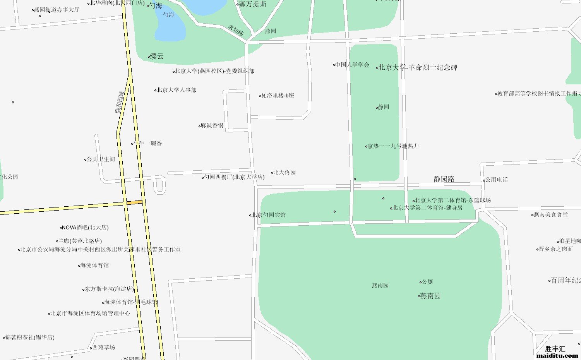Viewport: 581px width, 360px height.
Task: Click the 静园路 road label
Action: [444, 179]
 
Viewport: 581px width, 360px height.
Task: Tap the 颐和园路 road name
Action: [120, 102]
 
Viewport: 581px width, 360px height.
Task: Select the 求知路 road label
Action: [235, 31]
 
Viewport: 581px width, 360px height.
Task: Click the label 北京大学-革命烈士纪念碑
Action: [418, 67]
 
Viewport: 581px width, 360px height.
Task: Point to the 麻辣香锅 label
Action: [212, 126]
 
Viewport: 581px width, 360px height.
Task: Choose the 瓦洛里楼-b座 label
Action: [278, 96]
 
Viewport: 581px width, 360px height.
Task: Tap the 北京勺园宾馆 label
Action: [269, 215]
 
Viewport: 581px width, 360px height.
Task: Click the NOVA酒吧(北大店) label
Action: [85, 228]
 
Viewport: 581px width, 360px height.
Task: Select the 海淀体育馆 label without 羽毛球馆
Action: [94, 266]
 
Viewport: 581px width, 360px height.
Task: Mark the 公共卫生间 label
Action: [101, 159]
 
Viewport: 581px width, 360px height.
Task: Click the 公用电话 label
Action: [497, 180]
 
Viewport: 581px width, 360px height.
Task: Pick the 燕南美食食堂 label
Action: [550, 215]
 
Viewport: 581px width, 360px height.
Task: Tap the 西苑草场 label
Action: [103, 348]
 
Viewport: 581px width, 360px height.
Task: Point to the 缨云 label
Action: [157, 57]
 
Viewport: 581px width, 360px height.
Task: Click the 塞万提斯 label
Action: [252, 4]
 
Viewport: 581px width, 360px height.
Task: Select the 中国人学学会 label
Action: [352, 65]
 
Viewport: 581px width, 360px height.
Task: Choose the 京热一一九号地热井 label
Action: [393, 146]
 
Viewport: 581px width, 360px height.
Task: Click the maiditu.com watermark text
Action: [557, 355]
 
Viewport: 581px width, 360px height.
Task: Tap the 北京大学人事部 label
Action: [177, 90]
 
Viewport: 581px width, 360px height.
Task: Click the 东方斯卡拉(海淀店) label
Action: [109, 289]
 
